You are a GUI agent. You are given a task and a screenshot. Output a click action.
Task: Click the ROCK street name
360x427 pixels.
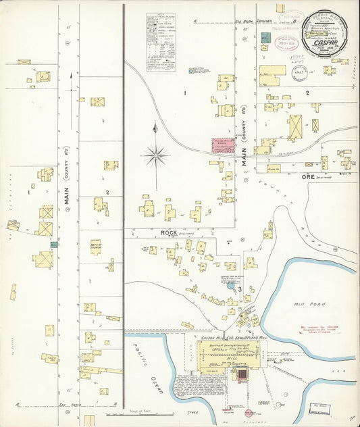pyautogui.click(x=169, y=233)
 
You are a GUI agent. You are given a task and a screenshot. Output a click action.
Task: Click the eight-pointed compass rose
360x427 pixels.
pyautogui.click(x=155, y=157)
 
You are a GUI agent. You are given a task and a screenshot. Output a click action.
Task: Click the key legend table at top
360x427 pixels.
pyautogui.click(x=162, y=40)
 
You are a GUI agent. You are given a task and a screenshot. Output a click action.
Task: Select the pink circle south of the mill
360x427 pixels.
pyautogui.click(x=249, y=413)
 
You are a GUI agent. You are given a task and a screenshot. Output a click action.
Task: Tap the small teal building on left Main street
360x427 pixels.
pyautogui.click(x=54, y=244)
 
